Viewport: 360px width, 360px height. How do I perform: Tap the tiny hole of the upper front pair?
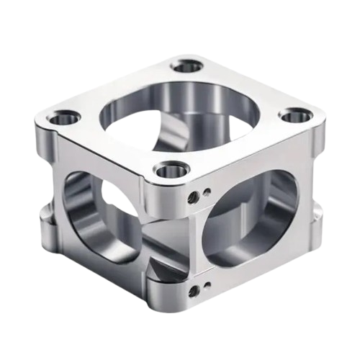(x=207, y=192)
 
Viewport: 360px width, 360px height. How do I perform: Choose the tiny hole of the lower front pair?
(x=207, y=286)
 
